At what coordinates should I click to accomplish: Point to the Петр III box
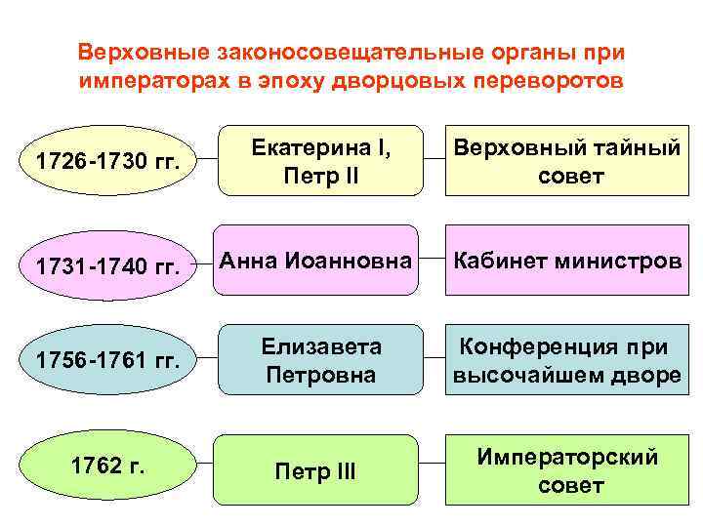click(x=316, y=474)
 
